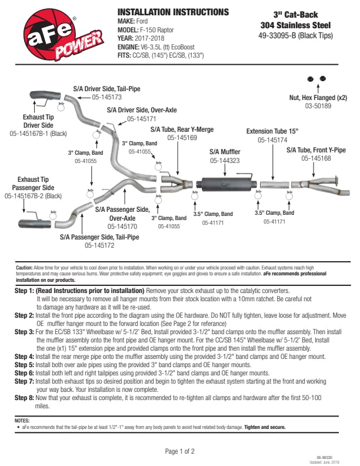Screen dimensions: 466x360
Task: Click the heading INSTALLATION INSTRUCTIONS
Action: tap(174, 12)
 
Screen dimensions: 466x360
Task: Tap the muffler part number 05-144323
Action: tap(225, 161)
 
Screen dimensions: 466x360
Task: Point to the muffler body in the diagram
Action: tap(224, 183)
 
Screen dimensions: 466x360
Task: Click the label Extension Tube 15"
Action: tap(272, 131)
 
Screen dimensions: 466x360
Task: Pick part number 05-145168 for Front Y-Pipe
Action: tap(316, 158)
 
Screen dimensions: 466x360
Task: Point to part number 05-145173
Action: tap(106, 97)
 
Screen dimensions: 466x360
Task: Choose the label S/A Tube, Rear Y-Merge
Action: tap(182, 129)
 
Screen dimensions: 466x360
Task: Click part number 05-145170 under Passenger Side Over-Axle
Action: tap(122, 226)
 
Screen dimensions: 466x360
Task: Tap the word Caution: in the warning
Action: tap(24, 267)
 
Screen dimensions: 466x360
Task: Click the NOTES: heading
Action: tap(23, 421)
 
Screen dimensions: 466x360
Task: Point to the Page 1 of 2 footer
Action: tap(179, 451)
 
